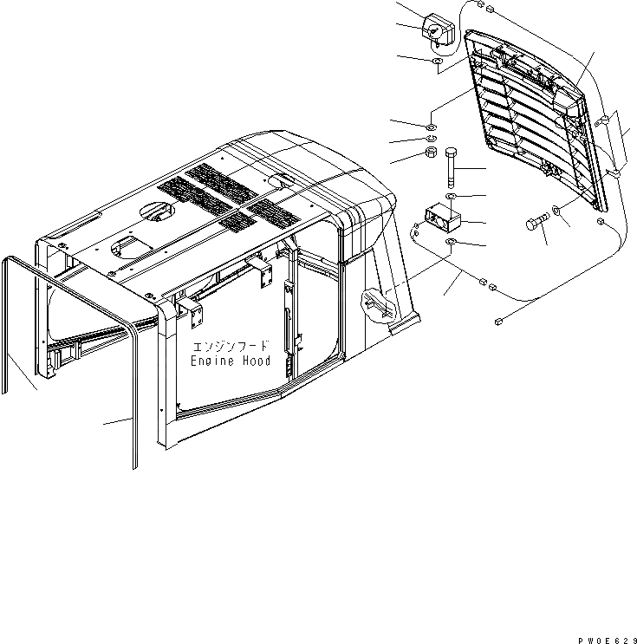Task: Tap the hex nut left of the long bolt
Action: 428,154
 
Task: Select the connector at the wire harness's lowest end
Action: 498,322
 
